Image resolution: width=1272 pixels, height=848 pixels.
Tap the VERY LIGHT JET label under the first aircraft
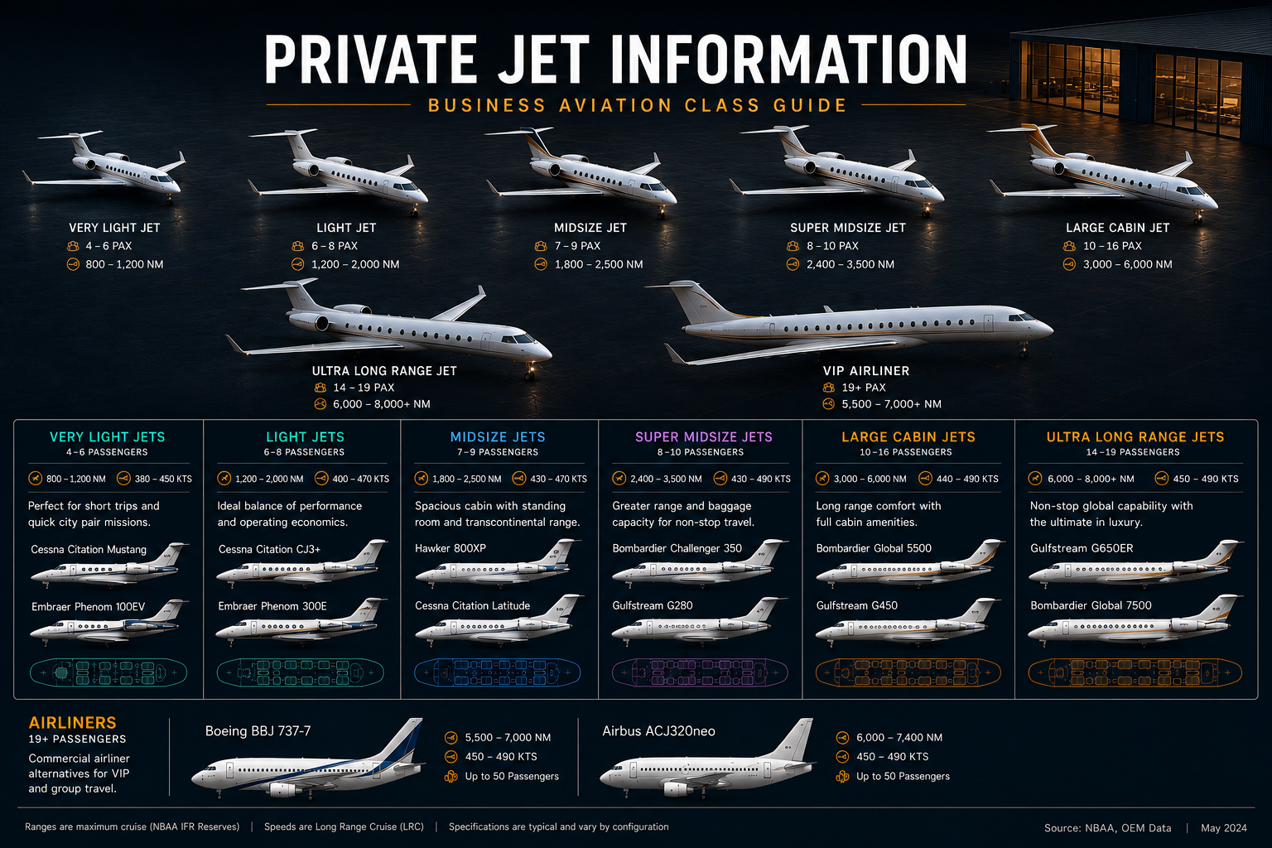pyautogui.click(x=115, y=228)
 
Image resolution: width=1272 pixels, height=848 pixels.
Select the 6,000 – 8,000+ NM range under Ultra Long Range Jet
pyautogui.click(x=382, y=404)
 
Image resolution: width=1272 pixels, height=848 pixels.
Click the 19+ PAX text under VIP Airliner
pyautogui.click(x=864, y=388)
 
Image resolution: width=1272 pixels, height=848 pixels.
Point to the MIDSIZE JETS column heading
pyautogui.click(x=498, y=436)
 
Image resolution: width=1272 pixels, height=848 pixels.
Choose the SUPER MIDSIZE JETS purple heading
pyautogui.click(x=704, y=436)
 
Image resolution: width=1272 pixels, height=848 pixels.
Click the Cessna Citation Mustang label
pyautogui.click(x=89, y=549)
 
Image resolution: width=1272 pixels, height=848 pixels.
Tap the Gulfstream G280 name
pyautogui.click(x=653, y=605)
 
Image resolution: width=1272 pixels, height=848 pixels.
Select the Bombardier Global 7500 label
pyautogui.click(x=1091, y=605)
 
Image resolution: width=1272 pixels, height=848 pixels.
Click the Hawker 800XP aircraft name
pyautogui.click(x=450, y=548)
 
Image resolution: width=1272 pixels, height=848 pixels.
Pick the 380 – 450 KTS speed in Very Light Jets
pyautogui.click(x=163, y=479)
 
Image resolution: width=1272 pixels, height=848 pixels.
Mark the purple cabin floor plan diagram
pyautogui.click(x=700, y=672)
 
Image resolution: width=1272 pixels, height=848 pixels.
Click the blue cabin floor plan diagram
pyautogui.click(x=498, y=672)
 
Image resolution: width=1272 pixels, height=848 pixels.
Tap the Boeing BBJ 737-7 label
pyautogui.click(x=258, y=731)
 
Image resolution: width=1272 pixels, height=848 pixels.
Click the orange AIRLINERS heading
pyautogui.click(x=73, y=722)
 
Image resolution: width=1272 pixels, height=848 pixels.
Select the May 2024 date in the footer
pyautogui.click(x=1224, y=828)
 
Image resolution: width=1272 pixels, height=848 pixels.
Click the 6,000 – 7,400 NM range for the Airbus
pyautogui.click(x=899, y=737)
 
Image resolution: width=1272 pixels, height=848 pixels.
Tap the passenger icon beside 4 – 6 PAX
pyautogui.click(x=73, y=246)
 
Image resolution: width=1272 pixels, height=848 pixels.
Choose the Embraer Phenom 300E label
pyautogui.click(x=272, y=606)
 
